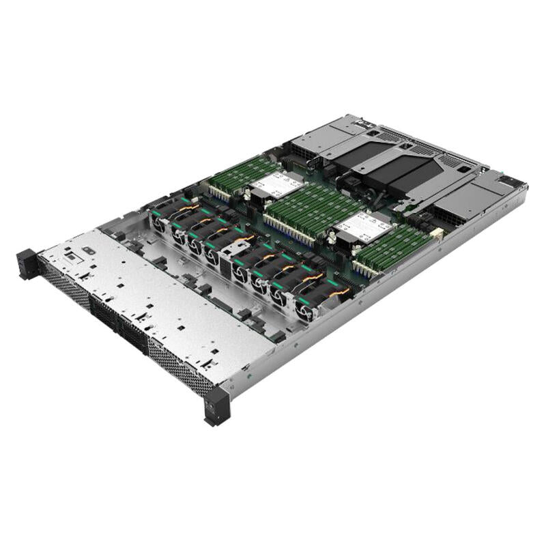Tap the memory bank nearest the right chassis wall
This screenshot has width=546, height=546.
pos(392,249)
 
